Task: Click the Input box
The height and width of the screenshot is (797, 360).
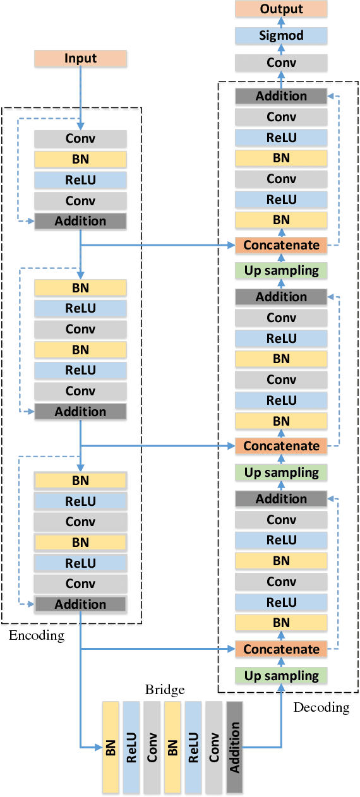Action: (x=80, y=59)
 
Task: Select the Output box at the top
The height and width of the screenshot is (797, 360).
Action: (x=281, y=9)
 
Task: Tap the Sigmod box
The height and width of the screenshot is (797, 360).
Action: (x=281, y=35)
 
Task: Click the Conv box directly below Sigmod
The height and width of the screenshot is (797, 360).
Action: (x=281, y=63)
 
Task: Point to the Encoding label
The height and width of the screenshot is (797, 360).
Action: (x=37, y=635)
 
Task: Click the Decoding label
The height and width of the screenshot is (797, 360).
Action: (x=321, y=707)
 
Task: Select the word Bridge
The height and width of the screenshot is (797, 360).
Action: (x=165, y=690)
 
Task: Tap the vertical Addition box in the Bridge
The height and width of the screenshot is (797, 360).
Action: (x=234, y=747)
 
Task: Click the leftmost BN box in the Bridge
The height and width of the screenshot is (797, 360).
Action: (x=111, y=747)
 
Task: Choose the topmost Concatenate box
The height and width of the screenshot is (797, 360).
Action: (x=281, y=245)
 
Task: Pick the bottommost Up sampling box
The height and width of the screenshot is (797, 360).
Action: (x=281, y=676)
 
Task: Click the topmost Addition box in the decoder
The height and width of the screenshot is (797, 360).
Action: (x=281, y=96)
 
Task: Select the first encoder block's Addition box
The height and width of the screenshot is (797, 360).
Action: (x=80, y=221)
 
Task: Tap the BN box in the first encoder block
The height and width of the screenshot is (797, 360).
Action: (x=80, y=159)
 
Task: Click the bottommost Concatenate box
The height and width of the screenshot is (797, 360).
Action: (x=281, y=649)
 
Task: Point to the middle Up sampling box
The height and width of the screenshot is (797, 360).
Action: (x=281, y=472)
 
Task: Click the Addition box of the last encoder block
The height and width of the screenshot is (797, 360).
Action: (x=80, y=604)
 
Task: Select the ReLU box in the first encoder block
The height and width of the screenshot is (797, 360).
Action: (x=80, y=179)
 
